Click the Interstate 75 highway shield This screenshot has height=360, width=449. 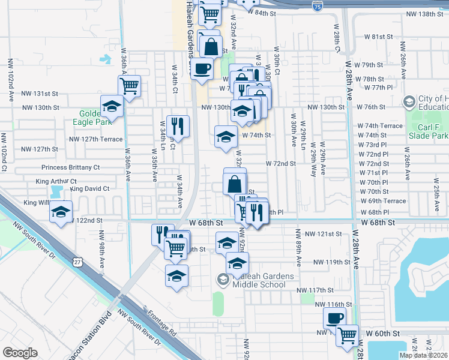point(317,6)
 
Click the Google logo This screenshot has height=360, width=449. point(20,353)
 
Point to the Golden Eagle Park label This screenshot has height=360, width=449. point(96,116)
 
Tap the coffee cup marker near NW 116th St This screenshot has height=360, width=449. point(334,317)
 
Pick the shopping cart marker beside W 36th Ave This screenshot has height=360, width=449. point(129,86)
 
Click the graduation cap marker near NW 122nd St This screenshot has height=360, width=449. point(61,212)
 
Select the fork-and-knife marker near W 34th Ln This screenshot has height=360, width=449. point(177,126)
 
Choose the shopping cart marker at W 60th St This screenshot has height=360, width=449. point(347,335)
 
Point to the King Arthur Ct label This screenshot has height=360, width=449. point(56,181)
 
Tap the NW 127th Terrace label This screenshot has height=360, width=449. point(96,139)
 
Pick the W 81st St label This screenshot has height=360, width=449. point(378,37)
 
